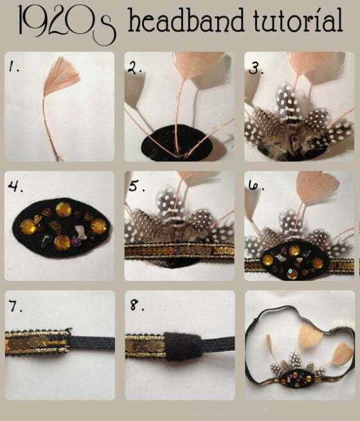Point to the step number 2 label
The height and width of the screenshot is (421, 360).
click(134, 66)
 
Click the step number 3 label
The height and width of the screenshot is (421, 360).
click(255, 67)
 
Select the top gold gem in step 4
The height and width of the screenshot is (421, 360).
click(64, 210)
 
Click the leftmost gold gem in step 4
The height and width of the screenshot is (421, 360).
click(30, 226)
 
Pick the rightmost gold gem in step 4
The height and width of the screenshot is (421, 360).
click(98, 226)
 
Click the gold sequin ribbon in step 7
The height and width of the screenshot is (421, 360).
click(35, 343)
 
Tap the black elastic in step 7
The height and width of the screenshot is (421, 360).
click(90, 343)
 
